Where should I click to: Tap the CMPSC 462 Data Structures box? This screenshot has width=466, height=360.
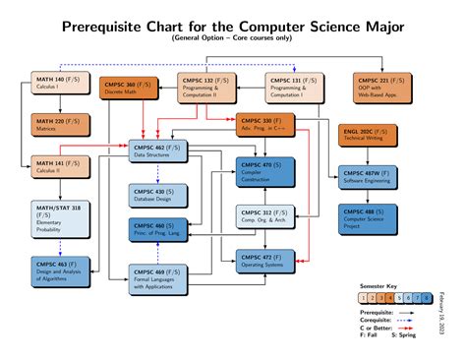tap(158, 150)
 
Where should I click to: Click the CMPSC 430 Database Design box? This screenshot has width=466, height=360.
tap(158, 195)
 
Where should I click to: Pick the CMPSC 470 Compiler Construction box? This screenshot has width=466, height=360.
tap(264, 172)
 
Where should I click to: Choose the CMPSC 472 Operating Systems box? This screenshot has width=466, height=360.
tap(264, 259)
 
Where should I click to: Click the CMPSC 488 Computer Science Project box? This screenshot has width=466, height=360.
tap(369, 218)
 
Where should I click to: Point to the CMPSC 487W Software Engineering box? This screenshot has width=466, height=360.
tap(369, 177)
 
